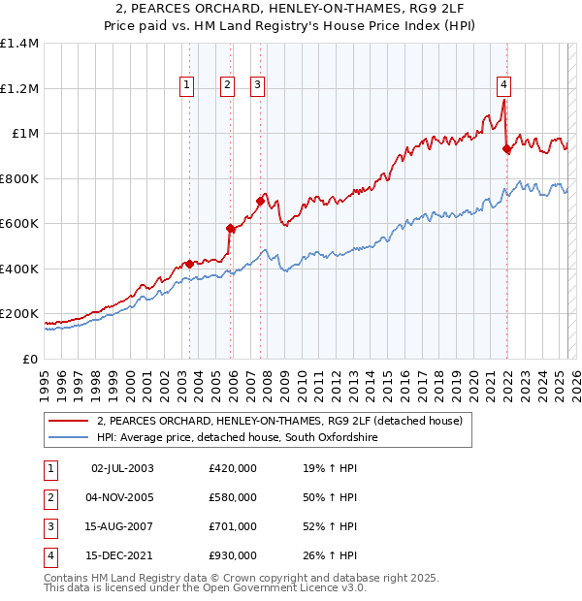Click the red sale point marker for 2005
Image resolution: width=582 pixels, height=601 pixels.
[231, 229]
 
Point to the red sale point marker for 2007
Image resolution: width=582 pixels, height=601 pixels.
[261, 201]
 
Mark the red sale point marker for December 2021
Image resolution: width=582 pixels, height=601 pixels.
[507, 149]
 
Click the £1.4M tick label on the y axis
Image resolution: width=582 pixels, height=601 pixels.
[19, 44]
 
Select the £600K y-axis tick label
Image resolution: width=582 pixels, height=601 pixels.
[19, 224]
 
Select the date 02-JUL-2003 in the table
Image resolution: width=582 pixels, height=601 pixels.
[121, 468]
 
